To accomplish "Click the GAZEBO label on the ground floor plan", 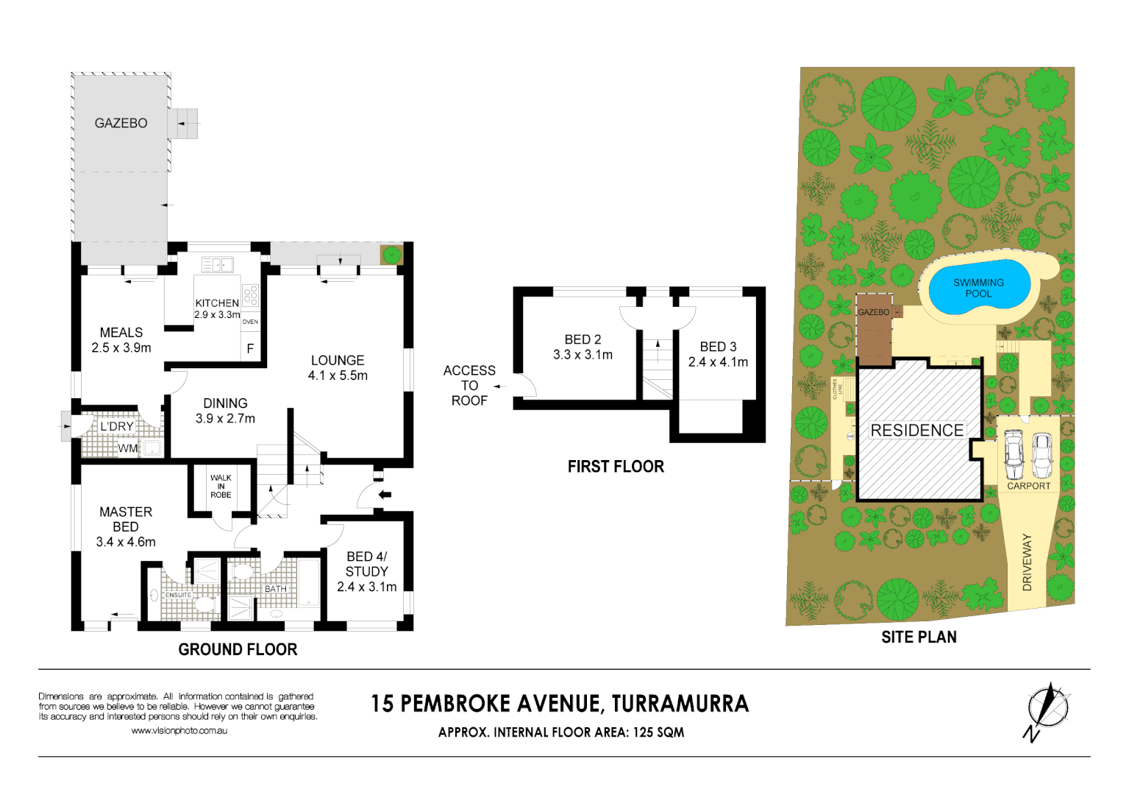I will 121,123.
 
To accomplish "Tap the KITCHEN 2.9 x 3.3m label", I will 217,308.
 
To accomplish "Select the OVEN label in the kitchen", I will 250,322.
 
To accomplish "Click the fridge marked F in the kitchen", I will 250,348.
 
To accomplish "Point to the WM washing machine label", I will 128,448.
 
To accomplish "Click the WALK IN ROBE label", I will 221,486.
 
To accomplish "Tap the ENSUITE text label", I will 178,595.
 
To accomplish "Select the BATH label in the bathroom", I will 276,589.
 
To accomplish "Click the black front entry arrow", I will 384,495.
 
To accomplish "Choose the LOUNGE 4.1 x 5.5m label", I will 338,367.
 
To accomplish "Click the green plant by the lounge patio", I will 391,255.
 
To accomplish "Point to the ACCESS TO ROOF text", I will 469,386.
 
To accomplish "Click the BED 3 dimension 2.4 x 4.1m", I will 718,362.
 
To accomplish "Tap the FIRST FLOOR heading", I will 616,467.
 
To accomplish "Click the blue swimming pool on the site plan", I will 978,288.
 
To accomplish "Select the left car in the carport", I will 1014,454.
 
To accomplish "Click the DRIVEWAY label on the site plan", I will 1028,562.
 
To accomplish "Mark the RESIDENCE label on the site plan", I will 916,431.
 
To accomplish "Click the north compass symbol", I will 1047,709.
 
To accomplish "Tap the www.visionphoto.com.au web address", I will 179,731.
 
